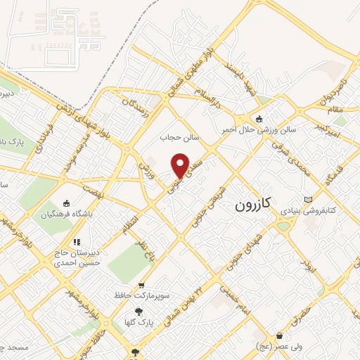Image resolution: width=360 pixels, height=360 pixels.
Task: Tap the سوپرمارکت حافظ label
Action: (143, 296)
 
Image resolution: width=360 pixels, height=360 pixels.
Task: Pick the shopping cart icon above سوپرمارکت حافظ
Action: (142, 285)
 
